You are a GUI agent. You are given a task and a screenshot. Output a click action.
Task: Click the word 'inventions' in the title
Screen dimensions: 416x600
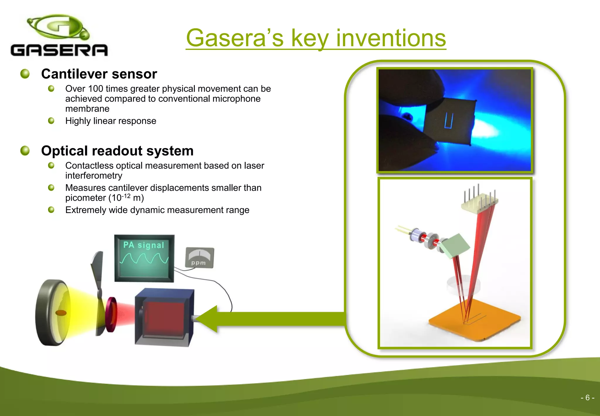point(391,38)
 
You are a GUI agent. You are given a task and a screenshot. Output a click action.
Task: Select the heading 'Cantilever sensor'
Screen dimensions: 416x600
point(99,74)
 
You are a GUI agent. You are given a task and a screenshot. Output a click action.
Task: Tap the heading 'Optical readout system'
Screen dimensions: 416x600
point(117,151)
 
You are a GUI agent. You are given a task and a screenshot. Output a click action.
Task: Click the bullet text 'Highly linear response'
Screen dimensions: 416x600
point(111,121)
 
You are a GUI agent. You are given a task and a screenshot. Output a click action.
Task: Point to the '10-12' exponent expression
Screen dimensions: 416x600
point(121,197)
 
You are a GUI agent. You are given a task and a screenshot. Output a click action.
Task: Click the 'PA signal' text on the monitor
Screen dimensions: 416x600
point(144,245)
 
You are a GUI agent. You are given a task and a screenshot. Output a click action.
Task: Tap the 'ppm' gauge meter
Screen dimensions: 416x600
point(200,258)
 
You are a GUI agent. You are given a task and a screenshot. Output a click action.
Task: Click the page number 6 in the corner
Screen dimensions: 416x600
point(587,398)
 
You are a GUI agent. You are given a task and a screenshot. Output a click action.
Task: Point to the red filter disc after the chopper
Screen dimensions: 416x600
point(111,314)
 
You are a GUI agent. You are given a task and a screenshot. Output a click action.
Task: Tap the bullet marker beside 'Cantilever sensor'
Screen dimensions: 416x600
point(25,74)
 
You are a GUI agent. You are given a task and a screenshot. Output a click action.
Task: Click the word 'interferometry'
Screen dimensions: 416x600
point(94,175)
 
